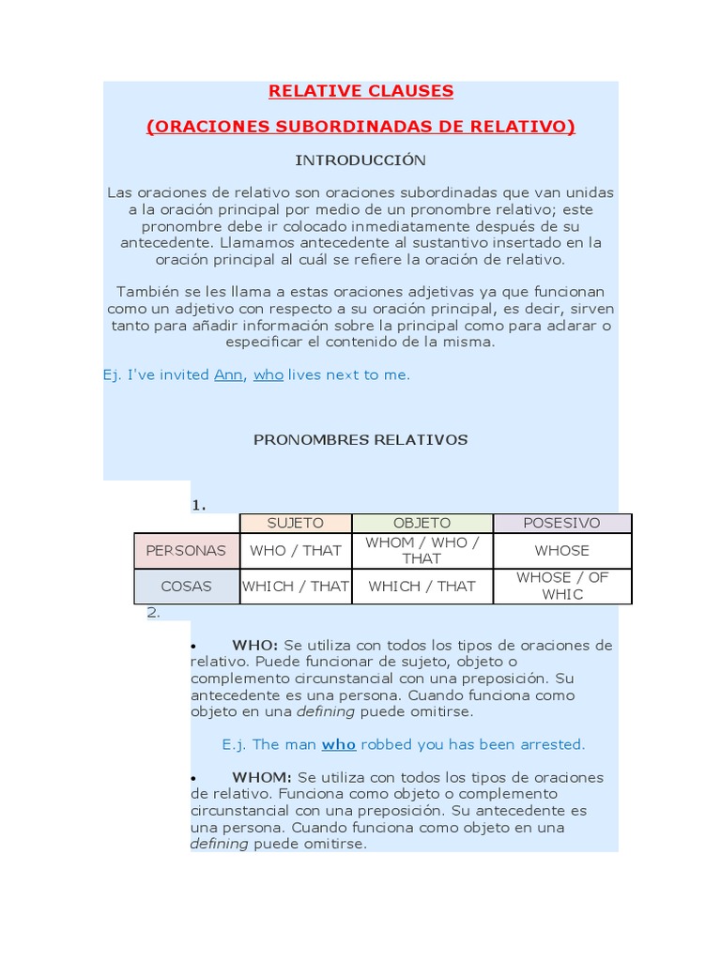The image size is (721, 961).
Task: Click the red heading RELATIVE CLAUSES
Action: [360, 91]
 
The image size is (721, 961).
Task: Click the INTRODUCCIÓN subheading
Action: [360, 160]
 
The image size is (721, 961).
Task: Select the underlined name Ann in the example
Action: [228, 374]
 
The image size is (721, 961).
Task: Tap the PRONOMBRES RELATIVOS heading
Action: [360, 439]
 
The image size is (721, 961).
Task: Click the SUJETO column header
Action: [295, 523]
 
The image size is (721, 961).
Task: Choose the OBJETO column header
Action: [422, 523]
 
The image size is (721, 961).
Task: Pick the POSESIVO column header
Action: [561, 523]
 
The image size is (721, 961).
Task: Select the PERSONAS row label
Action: [186, 550]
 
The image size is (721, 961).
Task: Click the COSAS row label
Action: [186, 586]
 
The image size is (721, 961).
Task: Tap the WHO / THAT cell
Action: [295, 550]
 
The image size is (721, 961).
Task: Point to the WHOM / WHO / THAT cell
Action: [422, 550]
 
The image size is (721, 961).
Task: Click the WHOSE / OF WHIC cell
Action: [561, 586]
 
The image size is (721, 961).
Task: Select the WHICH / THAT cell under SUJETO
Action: [295, 586]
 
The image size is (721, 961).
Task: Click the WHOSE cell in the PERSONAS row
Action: [561, 550]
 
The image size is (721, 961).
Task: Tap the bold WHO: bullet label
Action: [254, 646]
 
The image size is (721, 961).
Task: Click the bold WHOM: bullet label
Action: [262, 778]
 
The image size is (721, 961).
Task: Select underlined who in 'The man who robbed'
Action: [339, 744]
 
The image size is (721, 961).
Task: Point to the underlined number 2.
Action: [153, 613]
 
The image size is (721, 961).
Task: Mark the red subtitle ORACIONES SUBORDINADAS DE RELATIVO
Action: [360, 127]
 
